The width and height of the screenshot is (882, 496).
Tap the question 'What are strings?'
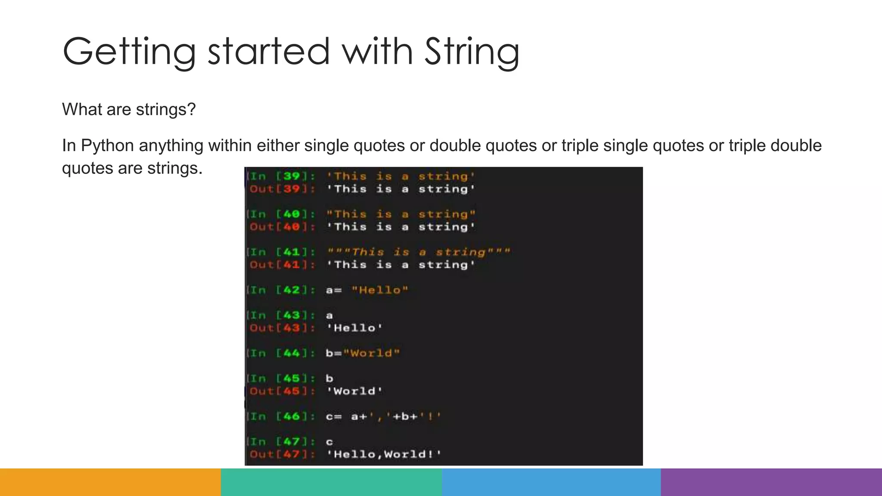point(129,109)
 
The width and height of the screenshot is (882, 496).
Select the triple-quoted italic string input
point(418,252)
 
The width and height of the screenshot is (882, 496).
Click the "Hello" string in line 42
point(379,290)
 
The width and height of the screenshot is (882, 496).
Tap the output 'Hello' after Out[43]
point(354,328)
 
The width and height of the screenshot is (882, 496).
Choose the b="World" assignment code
point(363,353)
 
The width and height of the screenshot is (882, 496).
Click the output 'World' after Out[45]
point(354,391)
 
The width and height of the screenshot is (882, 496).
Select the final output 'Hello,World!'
point(383,454)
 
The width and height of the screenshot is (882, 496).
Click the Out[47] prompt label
point(282,454)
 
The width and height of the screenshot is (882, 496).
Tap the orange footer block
point(110,482)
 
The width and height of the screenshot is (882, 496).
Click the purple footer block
point(771,482)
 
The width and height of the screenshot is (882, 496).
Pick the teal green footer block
point(331,482)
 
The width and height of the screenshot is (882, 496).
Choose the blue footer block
point(551,482)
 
